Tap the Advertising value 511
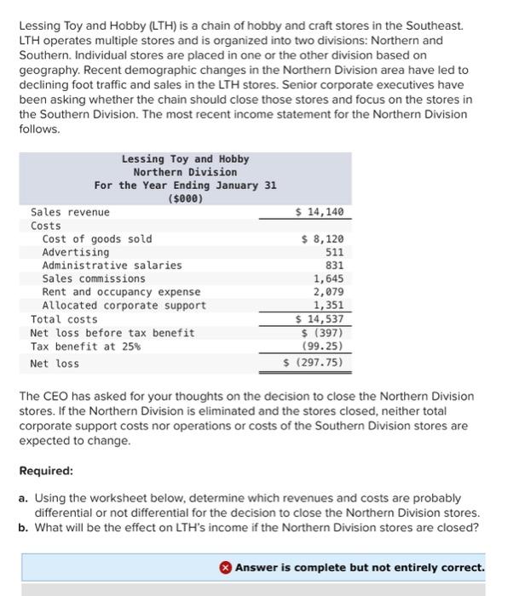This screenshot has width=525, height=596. pyautogui.click(x=334, y=252)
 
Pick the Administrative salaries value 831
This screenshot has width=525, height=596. pyautogui.click(x=334, y=265)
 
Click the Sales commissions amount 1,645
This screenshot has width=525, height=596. pyautogui.click(x=328, y=278)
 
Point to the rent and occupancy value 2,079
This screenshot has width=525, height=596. pyautogui.click(x=328, y=291)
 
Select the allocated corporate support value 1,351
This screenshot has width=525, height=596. pyautogui.click(x=328, y=305)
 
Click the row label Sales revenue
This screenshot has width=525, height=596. pyautogui.click(x=70, y=212)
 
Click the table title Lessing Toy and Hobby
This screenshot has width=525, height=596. pyautogui.click(x=185, y=159)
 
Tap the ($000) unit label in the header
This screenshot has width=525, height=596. pyautogui.click(x=185, y=198)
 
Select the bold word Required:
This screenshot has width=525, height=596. pyautogui.click(x=46, y=470)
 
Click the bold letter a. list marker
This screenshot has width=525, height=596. pyautogui.click(x=24, y=497)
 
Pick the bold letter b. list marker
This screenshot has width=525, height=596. pyautogui.click(x=24, y=526)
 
